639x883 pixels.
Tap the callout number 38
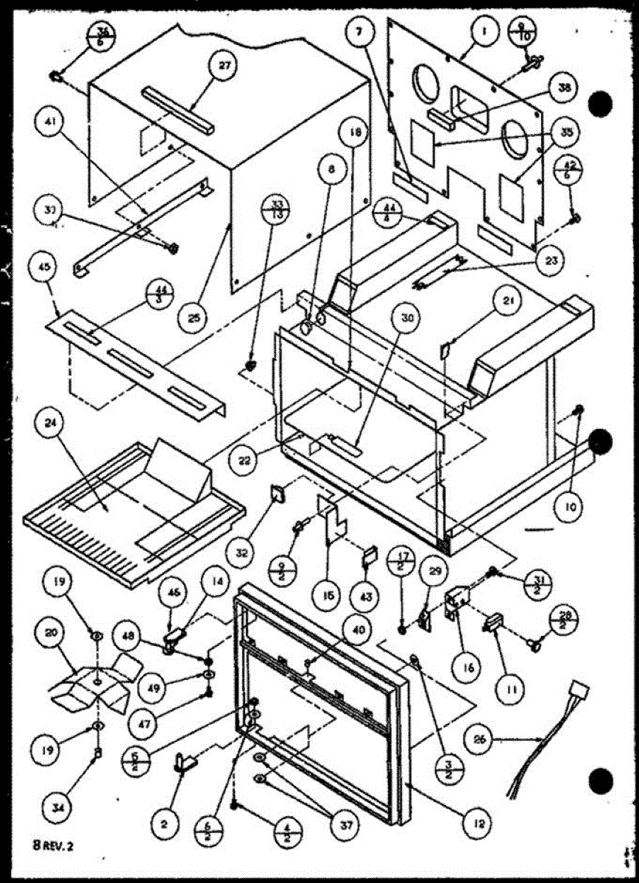[x=564, y=87]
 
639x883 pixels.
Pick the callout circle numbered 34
[x=57, y=806]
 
